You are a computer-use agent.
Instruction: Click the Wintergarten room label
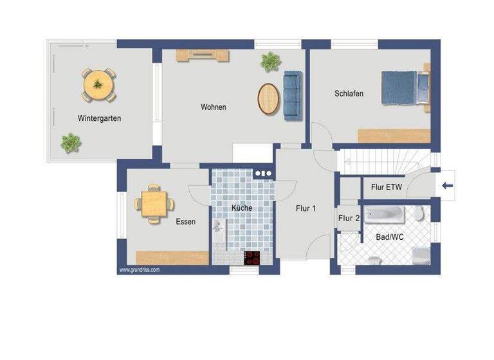click(99, 118)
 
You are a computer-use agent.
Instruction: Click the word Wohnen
click(213, 107)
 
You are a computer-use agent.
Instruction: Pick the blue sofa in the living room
click(292, 94)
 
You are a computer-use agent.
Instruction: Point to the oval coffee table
click(269, 98)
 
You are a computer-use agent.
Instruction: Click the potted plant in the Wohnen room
click(270, 62)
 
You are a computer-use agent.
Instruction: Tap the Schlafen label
click(349, 94)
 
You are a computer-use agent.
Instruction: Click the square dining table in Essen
click(154, 204)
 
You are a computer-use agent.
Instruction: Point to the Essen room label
click(185, 222)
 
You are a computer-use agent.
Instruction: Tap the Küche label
click(242, 208)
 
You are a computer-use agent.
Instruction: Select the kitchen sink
click(218, 226)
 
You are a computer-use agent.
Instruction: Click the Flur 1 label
click(306, 208)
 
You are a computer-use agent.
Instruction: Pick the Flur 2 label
click(349, 219)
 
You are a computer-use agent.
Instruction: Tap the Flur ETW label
click(387, 188)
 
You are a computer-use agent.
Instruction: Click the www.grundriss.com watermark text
click(139, 270)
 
